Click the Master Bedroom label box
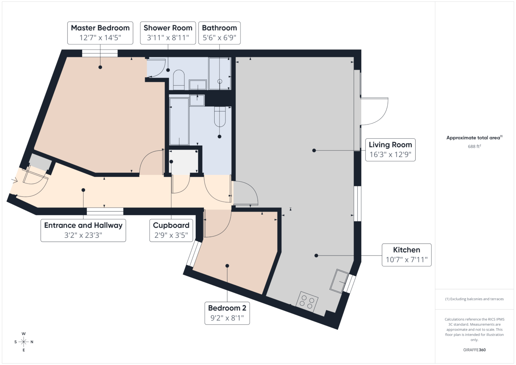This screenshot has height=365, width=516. click(100, 33)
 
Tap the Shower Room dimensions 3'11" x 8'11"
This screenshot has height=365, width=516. click(168, 37)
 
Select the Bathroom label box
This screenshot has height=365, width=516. click(219, 33)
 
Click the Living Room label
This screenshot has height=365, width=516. click(390, 150)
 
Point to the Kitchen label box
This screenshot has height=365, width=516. click(407, 255)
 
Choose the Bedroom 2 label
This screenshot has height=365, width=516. click(227, 313)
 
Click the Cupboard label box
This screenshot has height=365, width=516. click(171, 230)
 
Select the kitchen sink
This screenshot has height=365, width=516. click(339, 281)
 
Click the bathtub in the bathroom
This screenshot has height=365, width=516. click(179, 121)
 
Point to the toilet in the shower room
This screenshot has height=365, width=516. click(179, 80)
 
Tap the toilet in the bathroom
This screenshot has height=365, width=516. click(220, 117)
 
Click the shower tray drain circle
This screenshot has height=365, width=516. click(220, 81)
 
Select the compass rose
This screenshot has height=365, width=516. click(24, 342)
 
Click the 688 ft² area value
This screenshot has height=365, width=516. click(474, 146)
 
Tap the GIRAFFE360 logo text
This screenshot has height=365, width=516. click(474, 350)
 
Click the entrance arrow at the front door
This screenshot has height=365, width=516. click(14, 180)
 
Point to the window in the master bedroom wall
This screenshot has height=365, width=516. click(100, 53)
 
